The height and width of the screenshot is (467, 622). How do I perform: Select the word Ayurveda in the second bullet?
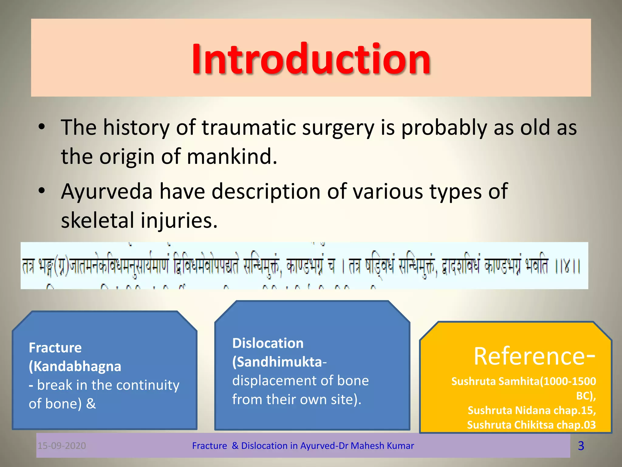107,192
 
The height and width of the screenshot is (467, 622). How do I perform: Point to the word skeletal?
97,220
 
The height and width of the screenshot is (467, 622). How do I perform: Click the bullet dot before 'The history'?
42,127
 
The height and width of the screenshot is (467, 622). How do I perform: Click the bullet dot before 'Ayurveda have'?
42,191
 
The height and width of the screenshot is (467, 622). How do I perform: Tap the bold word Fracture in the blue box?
55,348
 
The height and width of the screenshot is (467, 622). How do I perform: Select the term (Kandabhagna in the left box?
75,366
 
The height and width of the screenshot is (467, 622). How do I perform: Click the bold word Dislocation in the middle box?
268,343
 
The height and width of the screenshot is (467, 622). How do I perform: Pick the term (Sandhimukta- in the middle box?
279,362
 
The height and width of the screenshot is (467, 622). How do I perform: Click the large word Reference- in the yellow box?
534,356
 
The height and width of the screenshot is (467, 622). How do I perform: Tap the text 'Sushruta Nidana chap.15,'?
531,410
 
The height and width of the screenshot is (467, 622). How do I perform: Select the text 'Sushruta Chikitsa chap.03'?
531,425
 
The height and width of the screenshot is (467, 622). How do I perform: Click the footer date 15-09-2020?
62,446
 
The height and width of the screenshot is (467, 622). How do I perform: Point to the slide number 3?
581,446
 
